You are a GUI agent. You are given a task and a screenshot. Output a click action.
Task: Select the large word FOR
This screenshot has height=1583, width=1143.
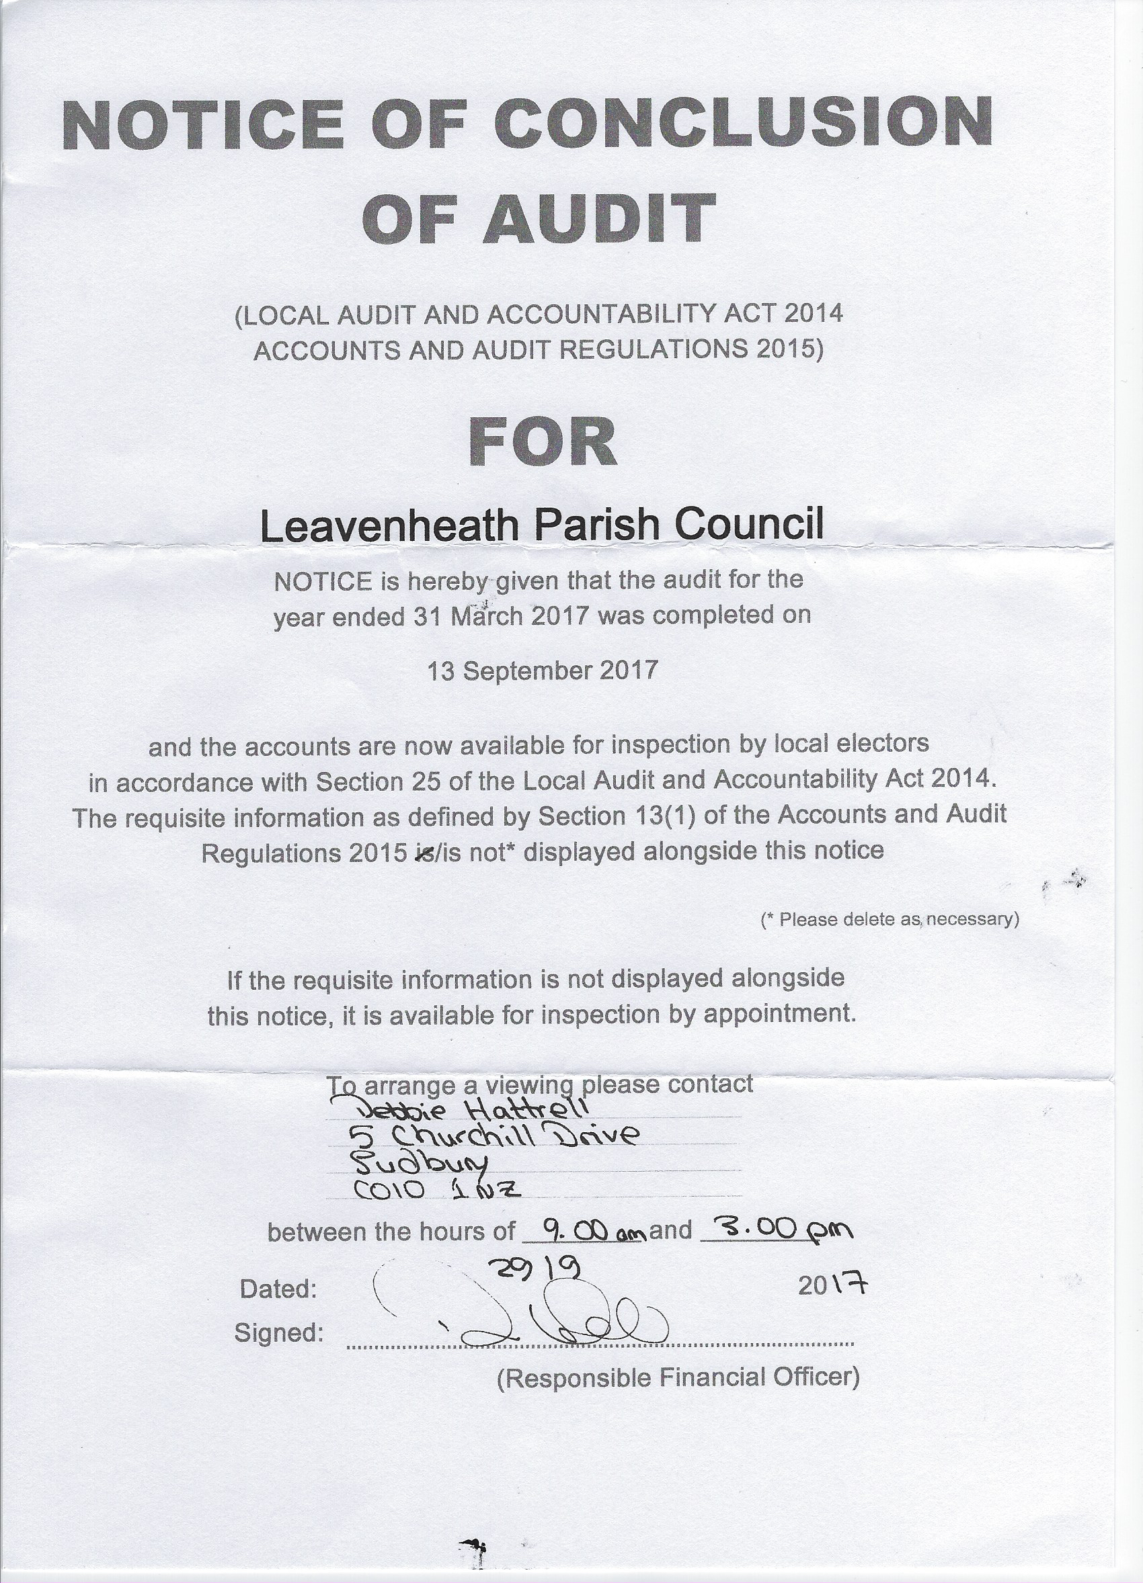(543, 443)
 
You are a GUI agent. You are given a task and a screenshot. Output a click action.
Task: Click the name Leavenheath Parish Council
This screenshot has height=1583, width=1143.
(542, 524)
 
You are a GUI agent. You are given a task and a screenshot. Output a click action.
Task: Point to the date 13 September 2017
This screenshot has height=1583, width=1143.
(542, 671)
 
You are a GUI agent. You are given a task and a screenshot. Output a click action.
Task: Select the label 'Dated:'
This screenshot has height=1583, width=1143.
(278, 1289)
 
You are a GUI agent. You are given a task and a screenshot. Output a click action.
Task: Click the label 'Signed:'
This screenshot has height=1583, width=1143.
(278, 1332)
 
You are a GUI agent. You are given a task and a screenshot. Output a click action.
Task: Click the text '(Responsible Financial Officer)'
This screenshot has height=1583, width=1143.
(677, 1377)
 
